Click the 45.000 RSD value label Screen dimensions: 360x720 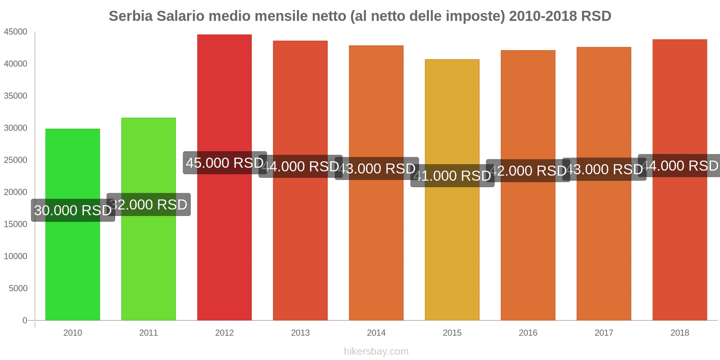click(225, 163)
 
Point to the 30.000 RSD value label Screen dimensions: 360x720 click(73, 210)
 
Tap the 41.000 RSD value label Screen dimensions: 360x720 click(452, 175)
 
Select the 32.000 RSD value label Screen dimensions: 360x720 click(149, 205)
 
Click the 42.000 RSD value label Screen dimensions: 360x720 click(528, 171)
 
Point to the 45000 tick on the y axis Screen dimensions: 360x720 click(16, 32)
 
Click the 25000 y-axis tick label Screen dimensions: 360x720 click(16, 160)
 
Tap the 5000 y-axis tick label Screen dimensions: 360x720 click(18, 288)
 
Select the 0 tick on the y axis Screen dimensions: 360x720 click(25, 320)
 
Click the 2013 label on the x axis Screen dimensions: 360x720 click(300, 333)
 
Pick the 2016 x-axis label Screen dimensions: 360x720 click(528, 333)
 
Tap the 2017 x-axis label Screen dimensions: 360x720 click(604, 333)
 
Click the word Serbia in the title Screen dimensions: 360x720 click(130, 16)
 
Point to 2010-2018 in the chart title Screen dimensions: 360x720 click(543, 16)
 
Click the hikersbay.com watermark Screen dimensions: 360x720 click(376, 351)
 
